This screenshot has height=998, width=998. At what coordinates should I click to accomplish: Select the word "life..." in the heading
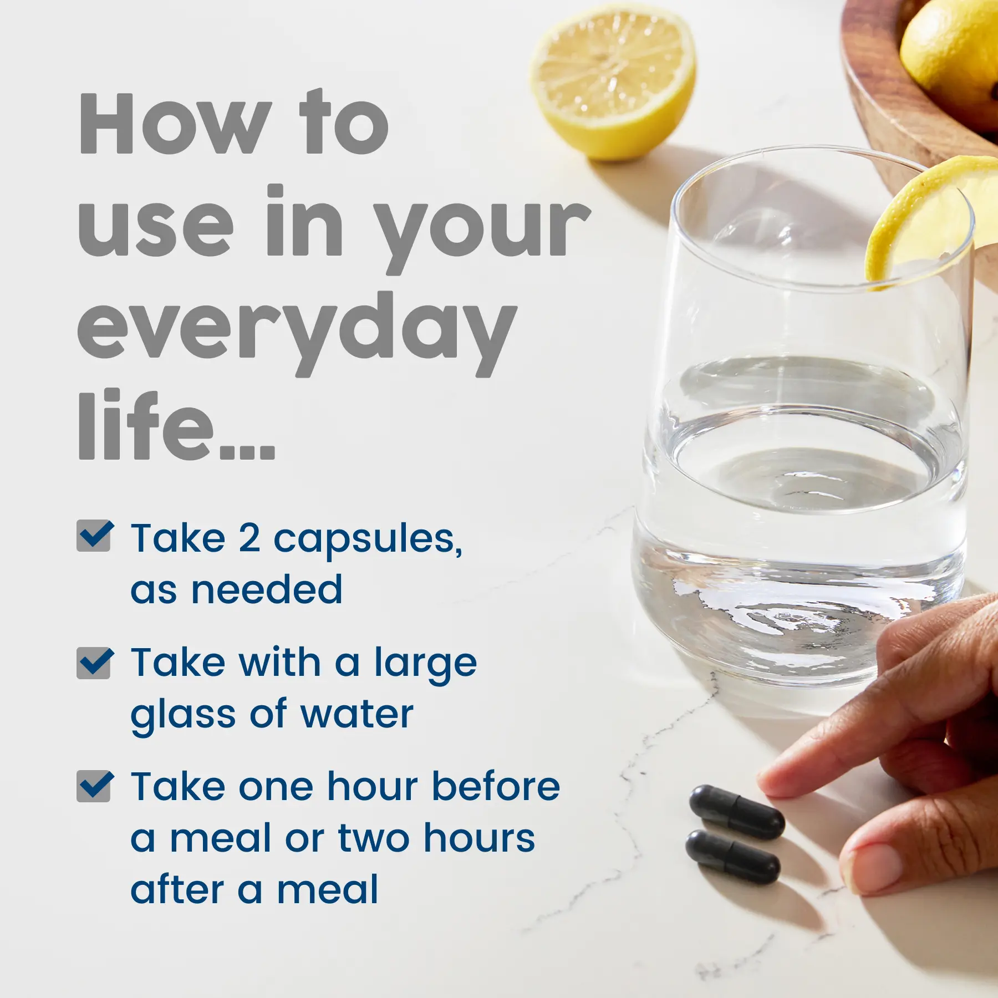(176, 424)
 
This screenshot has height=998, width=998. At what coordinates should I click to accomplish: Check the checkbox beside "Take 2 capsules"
(95, 536)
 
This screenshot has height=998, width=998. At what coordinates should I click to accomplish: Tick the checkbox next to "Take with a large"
(95, 663)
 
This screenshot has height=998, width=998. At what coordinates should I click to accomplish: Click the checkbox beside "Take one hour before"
(95, 786)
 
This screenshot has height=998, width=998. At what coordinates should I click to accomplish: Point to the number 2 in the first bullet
(249, 538)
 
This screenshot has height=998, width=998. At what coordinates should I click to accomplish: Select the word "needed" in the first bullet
(267, 589)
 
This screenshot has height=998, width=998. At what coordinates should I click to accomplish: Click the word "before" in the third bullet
(496, 786)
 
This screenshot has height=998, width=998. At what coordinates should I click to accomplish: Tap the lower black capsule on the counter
(733, 857)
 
